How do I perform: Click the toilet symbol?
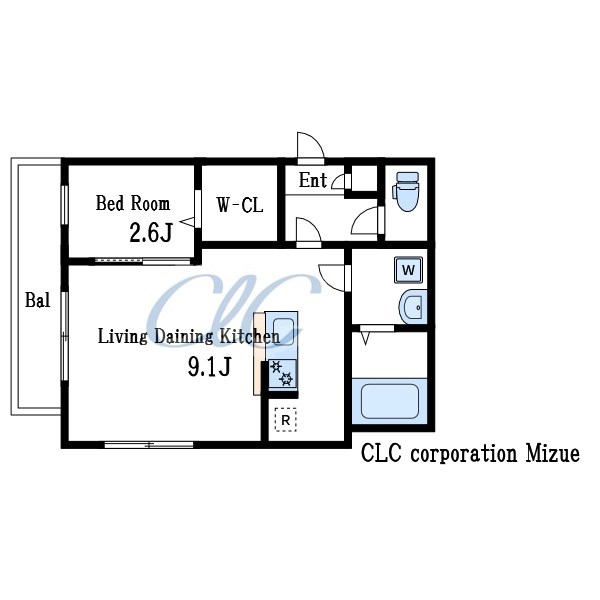pos(406,191)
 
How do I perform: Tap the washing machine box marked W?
pos(409,270)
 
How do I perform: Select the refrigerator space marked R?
pos(286,420)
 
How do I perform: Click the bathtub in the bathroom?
pos(390,401)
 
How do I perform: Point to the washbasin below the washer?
pos(413,307)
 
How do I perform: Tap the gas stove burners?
pos(282,374)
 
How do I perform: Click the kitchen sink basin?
pos(283,332)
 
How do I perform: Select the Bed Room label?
pos(133,203)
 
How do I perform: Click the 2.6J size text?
pos(151,233)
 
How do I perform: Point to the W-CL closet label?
pos(240,205)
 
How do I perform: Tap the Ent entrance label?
pos(313,180)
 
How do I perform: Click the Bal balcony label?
pos(38,300)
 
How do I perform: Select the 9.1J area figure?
pos(209,367)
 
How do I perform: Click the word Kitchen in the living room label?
pos(250,336)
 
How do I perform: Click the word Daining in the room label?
pos(183,337)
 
